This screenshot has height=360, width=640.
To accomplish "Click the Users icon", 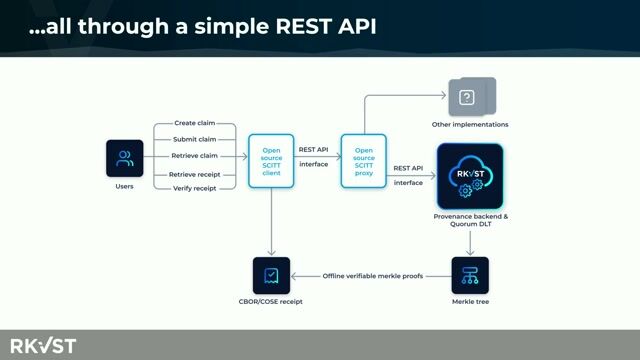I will click(125, 158).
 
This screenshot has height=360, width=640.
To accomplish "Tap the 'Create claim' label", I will click(194, 123).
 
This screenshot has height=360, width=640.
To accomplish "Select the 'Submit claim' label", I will click(194, 139).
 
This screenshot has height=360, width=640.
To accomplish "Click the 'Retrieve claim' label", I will click(194, 155).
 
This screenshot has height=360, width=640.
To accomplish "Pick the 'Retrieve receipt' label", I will click(194, 173).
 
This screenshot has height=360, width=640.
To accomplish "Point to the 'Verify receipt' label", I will click(194, 189).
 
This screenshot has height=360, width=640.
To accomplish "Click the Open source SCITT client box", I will click(271, 160).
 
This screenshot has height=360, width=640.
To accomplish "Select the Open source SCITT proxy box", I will click(364, 160).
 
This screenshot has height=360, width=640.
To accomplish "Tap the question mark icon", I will click(466, 98).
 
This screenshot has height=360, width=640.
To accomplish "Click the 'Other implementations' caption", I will click(470, 125).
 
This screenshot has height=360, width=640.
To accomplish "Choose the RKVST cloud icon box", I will click(470, 176).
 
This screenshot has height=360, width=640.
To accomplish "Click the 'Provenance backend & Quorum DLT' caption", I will click(470, 220).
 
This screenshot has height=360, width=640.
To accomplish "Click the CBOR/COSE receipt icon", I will click(271, 275).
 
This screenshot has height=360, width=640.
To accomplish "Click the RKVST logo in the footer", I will click(44, 345).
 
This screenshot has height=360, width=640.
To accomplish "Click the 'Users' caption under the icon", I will click(125, 186).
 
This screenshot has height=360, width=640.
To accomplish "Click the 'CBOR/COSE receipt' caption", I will click(271, 301).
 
